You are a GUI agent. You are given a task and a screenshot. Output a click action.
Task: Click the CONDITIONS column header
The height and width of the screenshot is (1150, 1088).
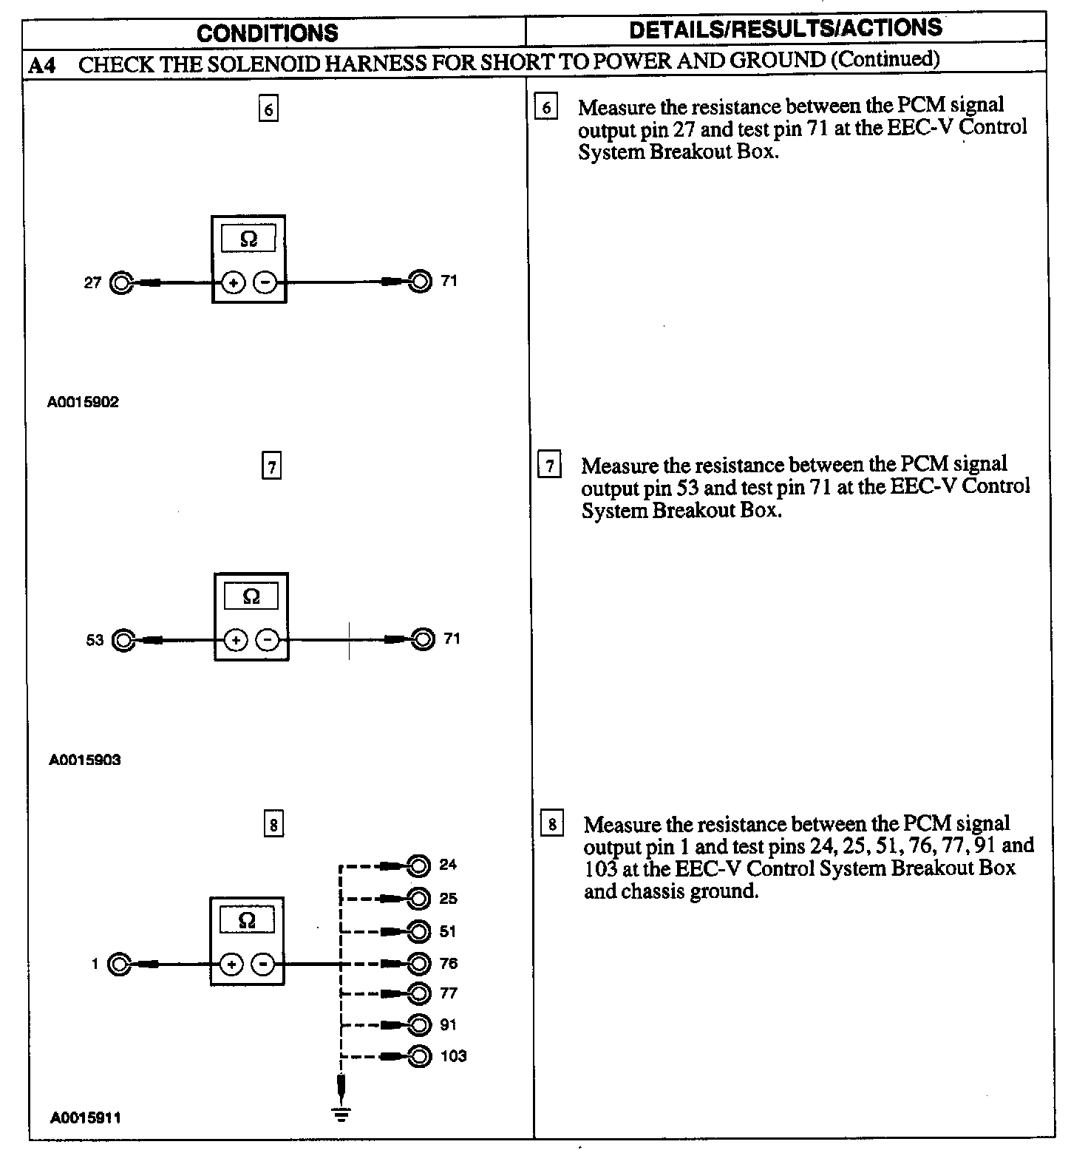tap(268, 33)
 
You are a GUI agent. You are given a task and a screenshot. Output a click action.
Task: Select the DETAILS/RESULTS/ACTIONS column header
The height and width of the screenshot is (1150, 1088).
tap(786, 28)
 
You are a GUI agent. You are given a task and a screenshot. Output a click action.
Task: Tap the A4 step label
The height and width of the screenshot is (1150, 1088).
tap(42, 65)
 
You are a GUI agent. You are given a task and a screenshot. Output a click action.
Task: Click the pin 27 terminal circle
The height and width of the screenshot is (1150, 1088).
tap(120, 282)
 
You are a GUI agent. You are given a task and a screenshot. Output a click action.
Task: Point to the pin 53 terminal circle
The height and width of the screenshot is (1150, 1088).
tap(123, 640)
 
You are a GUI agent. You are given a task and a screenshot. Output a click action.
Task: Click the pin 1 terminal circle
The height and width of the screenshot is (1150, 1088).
tap(119, 964)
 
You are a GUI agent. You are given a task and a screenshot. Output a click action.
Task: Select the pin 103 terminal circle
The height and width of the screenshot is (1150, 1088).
tap(419, 1056)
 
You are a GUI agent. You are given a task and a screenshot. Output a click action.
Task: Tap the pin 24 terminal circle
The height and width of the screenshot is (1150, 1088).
tap(419, 865)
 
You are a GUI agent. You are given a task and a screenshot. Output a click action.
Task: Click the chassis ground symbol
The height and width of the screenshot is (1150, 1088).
tap(341, 1114)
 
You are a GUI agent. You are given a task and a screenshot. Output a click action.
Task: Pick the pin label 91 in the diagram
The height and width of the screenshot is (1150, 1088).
tap(448, 1024)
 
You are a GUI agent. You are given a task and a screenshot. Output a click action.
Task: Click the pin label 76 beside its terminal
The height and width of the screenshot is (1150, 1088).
tap(448, 963)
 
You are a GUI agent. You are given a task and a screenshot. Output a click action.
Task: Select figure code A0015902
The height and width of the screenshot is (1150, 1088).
tap(83, 402)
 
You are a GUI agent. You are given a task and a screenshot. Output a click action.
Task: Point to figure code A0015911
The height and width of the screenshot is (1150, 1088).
tap(85, 1117)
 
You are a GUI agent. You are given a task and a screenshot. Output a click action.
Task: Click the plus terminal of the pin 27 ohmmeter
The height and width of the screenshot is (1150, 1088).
tap(233, 282)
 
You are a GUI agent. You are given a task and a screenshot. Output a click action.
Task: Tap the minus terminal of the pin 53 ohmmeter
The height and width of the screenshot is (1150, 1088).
tap(268, 640)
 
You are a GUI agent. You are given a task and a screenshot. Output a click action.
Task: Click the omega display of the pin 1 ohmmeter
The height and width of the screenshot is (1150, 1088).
tap(248, 920)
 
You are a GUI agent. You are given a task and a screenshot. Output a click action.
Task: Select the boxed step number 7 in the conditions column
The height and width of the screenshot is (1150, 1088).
tap(271, 467)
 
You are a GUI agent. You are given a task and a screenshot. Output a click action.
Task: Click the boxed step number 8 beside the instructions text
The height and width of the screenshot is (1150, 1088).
tap(552, 824)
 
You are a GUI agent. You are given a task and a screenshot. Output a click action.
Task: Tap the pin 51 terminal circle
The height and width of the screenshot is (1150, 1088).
tap(419, 931)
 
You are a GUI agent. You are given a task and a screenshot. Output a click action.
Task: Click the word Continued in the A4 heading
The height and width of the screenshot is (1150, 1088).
tap(885, 59)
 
